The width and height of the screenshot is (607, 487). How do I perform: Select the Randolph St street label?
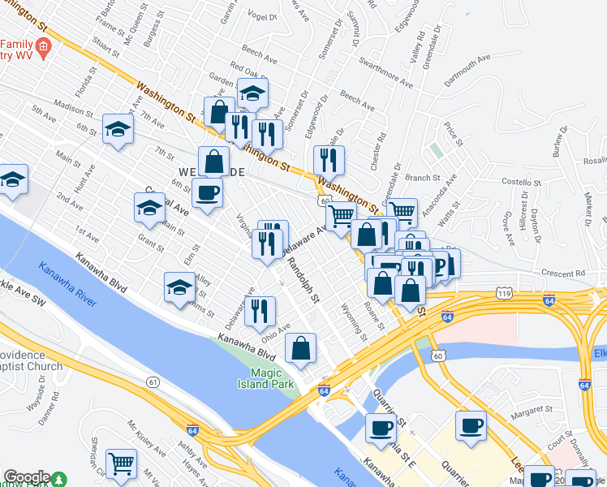tap(302, 278)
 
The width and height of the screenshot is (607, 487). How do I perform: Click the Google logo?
tap(27, 477)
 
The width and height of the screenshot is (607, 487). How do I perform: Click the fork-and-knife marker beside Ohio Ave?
tap(260, 310)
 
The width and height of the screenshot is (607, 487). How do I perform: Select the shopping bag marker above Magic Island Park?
tap(300, 348)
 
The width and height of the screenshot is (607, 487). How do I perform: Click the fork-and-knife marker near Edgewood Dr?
tap(329, 159)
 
